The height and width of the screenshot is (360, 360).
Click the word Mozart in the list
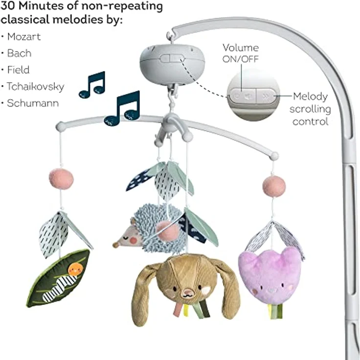coord(24,37)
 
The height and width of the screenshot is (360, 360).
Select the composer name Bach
coord(19,53)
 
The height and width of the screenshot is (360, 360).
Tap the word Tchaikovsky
coord(35,87)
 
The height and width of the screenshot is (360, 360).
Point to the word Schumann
coord(33,103)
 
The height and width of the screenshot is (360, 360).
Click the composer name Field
coord(19,70)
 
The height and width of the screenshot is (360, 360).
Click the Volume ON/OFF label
coord(240,53)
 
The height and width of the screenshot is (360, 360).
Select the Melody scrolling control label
coord(310,109)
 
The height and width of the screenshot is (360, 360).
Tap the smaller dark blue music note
coord(92,85)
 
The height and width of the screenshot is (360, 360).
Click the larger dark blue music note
coord(122,109)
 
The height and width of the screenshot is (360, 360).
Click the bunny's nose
coord(188,292)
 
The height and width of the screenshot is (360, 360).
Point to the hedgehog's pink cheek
coord(134,240)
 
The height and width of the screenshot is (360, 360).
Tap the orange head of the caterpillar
coord(75,269)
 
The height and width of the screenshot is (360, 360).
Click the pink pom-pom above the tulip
coord(274,186)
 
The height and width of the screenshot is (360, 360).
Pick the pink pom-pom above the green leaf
coord(61,179)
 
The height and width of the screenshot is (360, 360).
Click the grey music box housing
coord(172,65)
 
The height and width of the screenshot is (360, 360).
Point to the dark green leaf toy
coord(58,278)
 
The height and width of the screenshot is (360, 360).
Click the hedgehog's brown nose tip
coord(115,246)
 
